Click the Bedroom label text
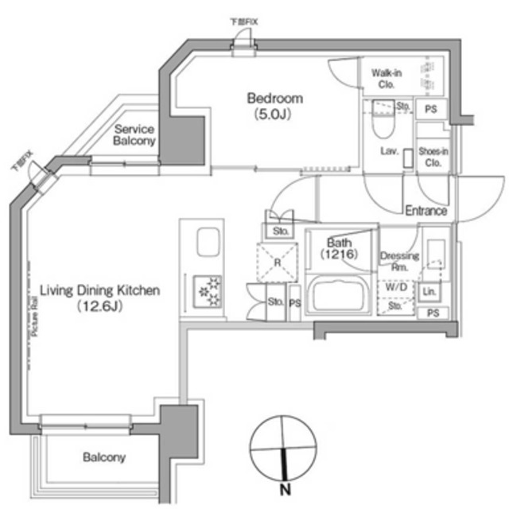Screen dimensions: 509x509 [275, 99]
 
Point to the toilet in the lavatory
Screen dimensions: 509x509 [383, 119]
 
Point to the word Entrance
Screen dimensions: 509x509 [425, 211]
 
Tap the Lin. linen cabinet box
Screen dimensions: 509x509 [429, 292]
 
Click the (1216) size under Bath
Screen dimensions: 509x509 [336, 255]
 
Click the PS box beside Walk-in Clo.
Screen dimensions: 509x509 [431, 109]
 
